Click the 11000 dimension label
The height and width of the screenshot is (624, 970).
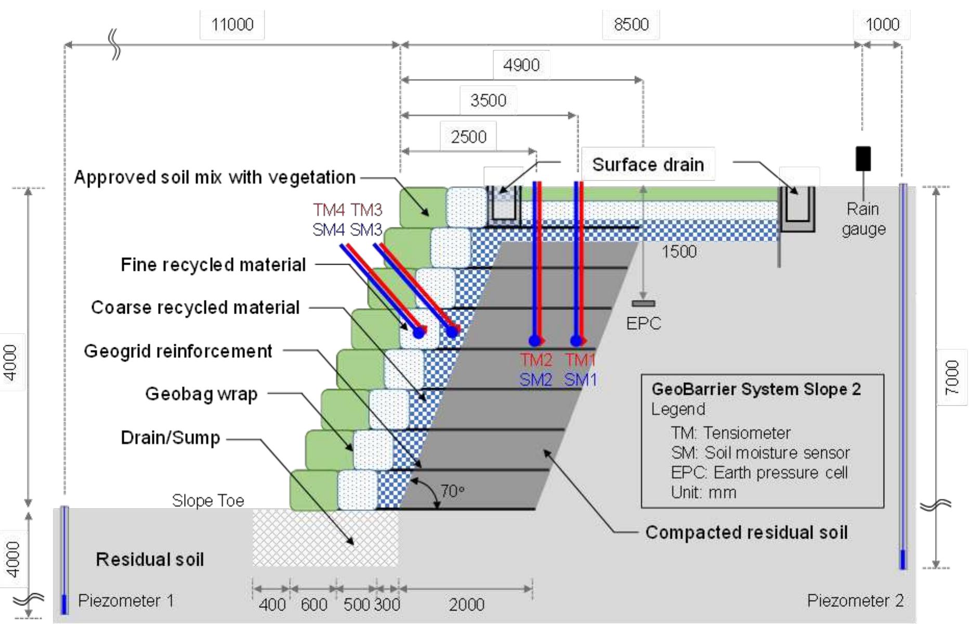click(232, 24)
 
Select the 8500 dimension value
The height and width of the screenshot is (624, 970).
click(631, 24)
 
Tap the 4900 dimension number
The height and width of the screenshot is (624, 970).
click(521, 65)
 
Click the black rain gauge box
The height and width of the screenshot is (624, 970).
click(863, 159)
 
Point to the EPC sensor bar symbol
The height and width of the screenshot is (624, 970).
click(644, 303)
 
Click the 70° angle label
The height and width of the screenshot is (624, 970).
click(452, 491)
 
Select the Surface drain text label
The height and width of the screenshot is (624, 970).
click(648, 165)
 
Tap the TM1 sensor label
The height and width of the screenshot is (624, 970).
click(580, 360)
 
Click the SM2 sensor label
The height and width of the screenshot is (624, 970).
click(535, 380)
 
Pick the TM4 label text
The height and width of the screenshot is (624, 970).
click(329, 210)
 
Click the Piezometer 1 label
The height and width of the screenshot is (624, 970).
click(126, 601)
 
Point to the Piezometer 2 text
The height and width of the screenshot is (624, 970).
click(855, 601)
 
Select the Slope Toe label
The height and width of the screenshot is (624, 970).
click(208, 500)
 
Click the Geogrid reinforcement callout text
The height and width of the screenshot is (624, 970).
click(178, 351)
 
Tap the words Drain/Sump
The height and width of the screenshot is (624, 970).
click(171, 438)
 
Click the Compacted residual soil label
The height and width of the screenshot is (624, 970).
click(746, 532)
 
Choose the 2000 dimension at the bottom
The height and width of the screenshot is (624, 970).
click(466, 604)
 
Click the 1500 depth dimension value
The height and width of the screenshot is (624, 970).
click(679, 252)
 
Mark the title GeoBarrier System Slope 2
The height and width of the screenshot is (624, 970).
click(756, 389)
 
